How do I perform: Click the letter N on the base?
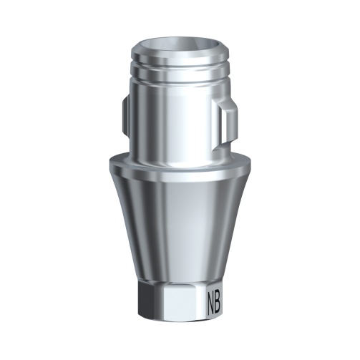pyautogui.click(x=213, y=298)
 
